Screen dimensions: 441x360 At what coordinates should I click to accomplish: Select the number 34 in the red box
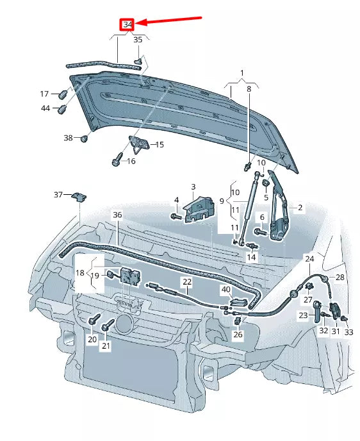(x=128, y=25)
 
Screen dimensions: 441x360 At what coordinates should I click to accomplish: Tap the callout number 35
(x=138, y=40)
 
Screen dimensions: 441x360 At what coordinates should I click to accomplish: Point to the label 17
(x=45, y=94)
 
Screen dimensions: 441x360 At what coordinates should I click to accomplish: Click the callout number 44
(x=45, y=109)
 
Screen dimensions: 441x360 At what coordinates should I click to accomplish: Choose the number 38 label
(x=69, y=138)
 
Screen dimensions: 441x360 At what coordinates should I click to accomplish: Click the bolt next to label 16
(x=117, y=160)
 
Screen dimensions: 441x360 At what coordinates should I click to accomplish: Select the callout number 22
(x=186, y=281)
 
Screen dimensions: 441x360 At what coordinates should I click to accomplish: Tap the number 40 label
(x=225, y=289)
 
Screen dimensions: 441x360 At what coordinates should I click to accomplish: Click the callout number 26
(x=238, y=334)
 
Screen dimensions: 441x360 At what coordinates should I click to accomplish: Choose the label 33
(x=348, y=332)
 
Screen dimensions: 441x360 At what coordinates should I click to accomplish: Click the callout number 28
(x=340, y=277)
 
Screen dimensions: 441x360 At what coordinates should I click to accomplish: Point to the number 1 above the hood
(x=242, y=72)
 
